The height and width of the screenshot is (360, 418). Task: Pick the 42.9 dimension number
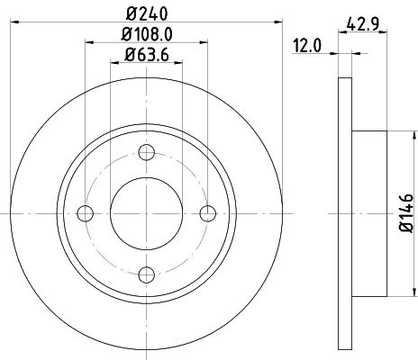point(362,23)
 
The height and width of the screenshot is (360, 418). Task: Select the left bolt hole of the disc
point(86,212)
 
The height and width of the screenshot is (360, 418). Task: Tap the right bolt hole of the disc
point(209,212)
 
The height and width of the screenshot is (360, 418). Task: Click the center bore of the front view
point(148,212)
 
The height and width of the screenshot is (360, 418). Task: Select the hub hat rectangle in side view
point(369,213)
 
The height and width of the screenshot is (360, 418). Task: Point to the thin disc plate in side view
point(345,213)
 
